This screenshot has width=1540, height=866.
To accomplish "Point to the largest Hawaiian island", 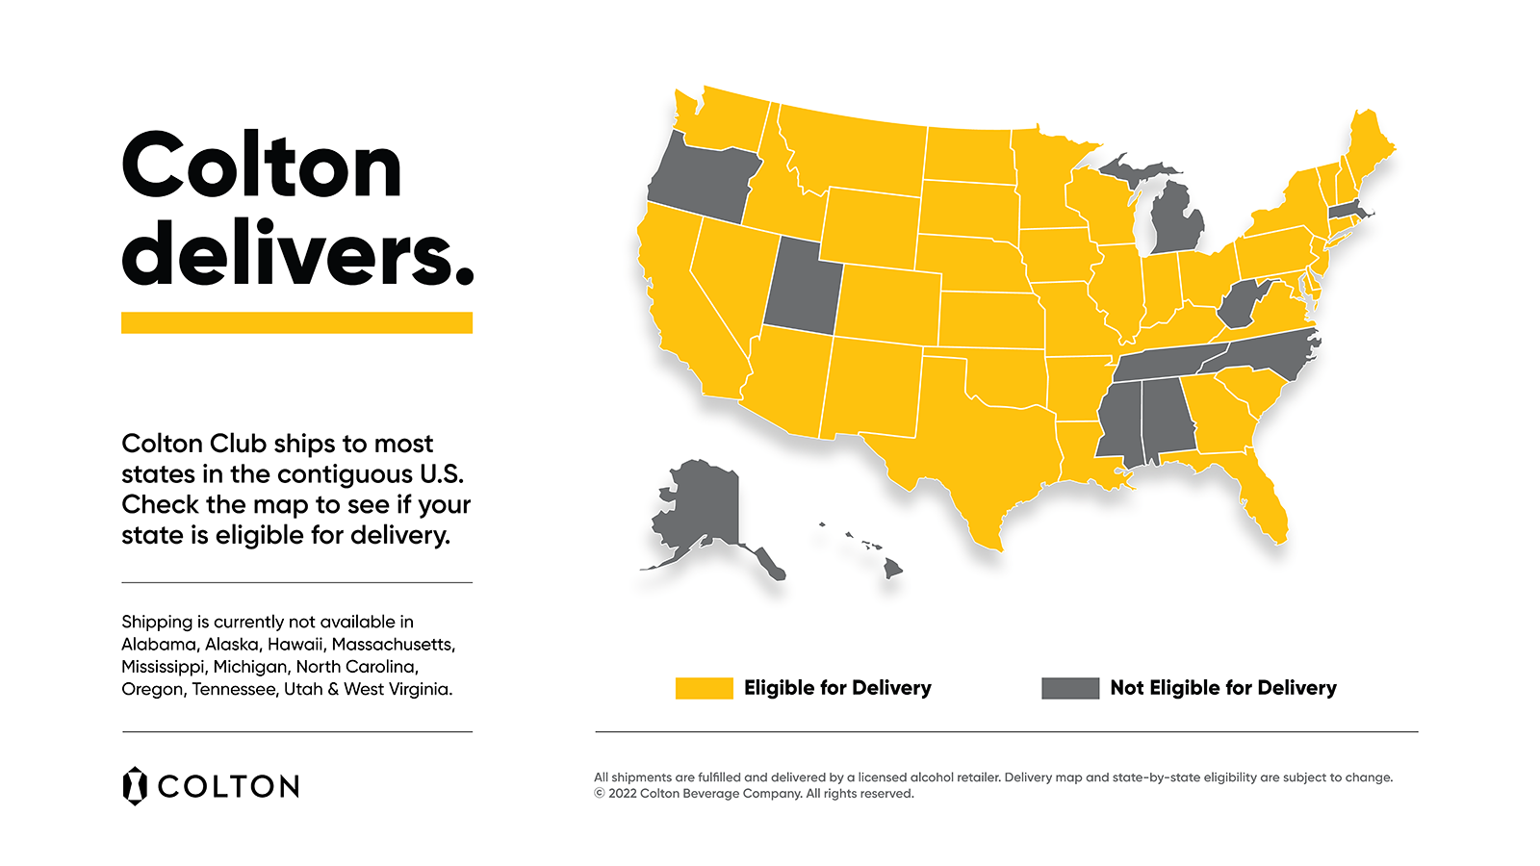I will [x=893, y=569].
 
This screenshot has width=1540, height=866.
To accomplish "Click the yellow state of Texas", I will [x=972, y=452].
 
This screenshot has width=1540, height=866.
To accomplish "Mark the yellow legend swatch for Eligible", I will [x=704, y=688].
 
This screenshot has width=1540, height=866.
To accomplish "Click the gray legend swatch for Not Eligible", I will [x=1069, y=688].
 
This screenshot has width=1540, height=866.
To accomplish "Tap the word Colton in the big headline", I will [x=262, y=166].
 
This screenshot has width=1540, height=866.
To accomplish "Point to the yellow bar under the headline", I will [x=296, y=322].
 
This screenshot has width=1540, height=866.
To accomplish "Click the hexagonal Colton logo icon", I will [x=135, y=785].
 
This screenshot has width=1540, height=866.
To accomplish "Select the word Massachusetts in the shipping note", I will [x=393, y=644].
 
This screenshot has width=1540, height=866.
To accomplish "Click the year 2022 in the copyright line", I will [x=623, y=794].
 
